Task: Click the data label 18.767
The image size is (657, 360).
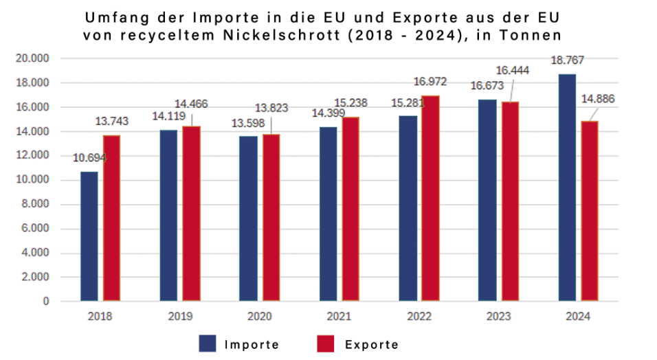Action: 567,60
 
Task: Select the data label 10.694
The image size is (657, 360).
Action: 89,158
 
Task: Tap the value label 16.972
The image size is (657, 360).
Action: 430,82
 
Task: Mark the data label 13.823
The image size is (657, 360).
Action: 271,108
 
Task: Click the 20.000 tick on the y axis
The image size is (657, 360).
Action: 32,59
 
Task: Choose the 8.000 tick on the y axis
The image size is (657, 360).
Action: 35,205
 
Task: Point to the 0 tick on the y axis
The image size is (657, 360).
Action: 46,302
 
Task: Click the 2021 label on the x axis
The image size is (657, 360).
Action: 339,317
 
